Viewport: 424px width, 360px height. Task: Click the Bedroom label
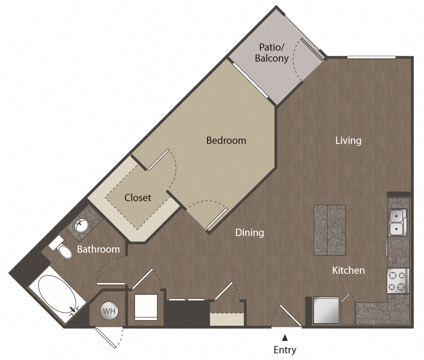226,140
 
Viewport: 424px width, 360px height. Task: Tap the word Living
348,141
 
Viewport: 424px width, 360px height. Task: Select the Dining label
249,232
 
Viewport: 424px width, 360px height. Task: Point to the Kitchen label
348,270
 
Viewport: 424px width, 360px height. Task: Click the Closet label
138,198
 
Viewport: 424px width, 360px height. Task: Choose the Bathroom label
98,249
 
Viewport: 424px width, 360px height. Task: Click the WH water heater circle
109,311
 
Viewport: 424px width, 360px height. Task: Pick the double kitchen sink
397,222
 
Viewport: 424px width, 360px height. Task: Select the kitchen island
330,230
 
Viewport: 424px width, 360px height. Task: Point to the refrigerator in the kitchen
326,310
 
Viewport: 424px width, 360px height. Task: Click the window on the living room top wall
371,57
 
